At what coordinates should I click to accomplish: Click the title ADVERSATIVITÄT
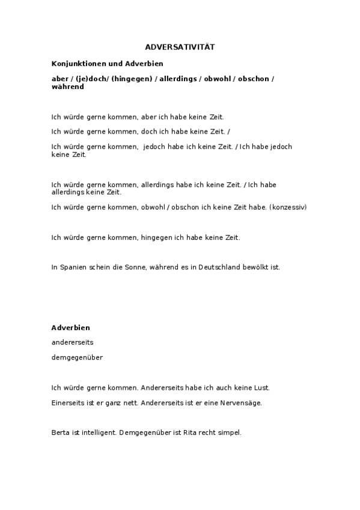(180, 47)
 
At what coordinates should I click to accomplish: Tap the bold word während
(68, 87)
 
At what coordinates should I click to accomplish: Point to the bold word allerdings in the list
(178, 79)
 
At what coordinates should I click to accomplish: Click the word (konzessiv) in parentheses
(288, 207)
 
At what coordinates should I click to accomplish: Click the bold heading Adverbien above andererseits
(71, 328)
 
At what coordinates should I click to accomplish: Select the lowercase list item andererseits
(73, 342)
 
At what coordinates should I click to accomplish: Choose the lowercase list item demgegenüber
(78, 357)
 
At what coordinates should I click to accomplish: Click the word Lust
(261, 388)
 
